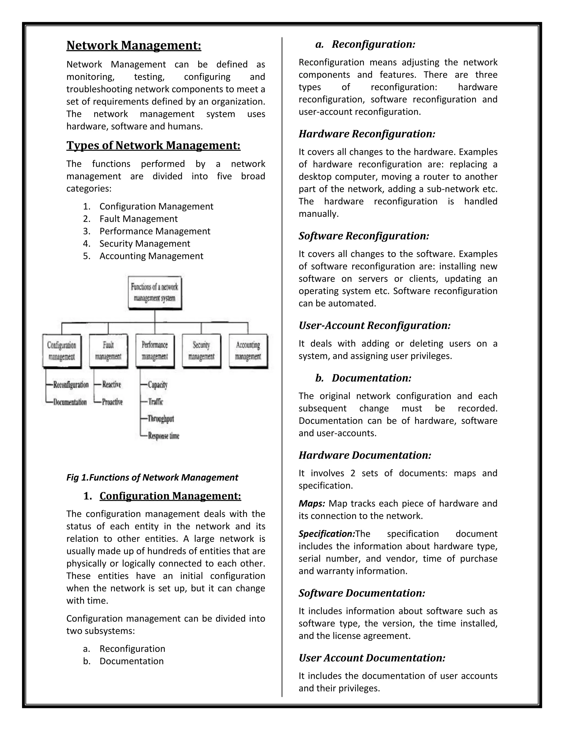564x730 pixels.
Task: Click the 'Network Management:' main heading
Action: pyautogui.click(x=134, y=45)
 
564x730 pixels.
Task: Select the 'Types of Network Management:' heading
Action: pyautogui.click(x=153, y=145)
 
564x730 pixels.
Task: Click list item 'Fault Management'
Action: pyautogui.click(x=138, y=219)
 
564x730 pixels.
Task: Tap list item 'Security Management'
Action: pyautogui.click(x=145, y=244)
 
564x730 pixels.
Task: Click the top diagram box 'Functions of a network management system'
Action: pyautogui.click(x=155, y=293)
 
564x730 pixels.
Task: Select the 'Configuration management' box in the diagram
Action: pyautogui.click(x=62, y=351)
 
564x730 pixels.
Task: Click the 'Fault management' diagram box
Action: pyautogui.click(x=108, y=351)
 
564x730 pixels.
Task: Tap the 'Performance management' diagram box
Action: pyautogui.click(x=155, y=351)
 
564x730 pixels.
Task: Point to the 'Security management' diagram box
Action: pyautogui.click(x=201, y=351)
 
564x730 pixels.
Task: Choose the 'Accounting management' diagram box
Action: pyautogui.click(x=248, y=351)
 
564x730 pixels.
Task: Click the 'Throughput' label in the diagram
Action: pyautogui.click(x=161, y=419)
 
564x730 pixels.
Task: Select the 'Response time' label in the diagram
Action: pyautogui.click(x=164, y=436)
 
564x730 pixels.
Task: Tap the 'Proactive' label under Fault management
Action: pyautogui.click(x=112, y=402)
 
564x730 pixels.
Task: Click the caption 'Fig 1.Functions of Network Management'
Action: pyautogui.click(x=152, y=477)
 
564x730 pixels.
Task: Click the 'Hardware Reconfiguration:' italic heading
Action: pyautogui.click(x=367, y=134)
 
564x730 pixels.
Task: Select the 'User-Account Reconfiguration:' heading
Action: pyautogui.click(x=375, y=326)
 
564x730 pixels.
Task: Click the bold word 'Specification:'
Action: pyautogui.click(x=326, y=534)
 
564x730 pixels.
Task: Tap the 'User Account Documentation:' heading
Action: pyautogui.click(x=372, y=658)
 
